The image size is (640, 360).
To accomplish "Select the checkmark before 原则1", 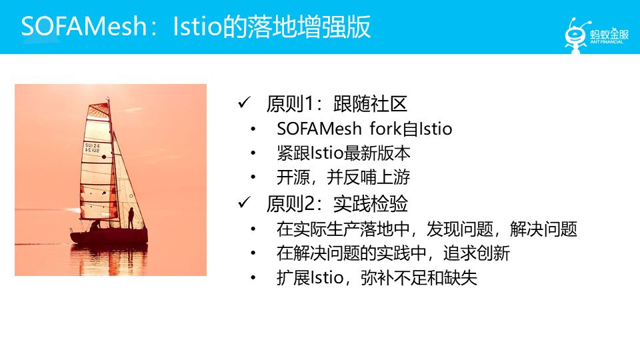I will point(244,104).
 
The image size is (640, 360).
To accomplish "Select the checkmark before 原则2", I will point(244,203).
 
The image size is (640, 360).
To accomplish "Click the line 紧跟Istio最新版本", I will point(343,153).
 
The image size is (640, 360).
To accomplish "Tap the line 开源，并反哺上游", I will point(343,178).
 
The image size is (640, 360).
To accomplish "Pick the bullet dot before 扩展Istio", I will point(253,279).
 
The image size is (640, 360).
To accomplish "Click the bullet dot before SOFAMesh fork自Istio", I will point(253,129).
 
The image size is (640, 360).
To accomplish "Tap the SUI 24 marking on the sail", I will point(92,147).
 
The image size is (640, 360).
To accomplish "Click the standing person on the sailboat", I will point(131,218).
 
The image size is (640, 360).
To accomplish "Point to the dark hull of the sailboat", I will point(107,237).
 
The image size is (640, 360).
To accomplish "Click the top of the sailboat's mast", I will point(108,100).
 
